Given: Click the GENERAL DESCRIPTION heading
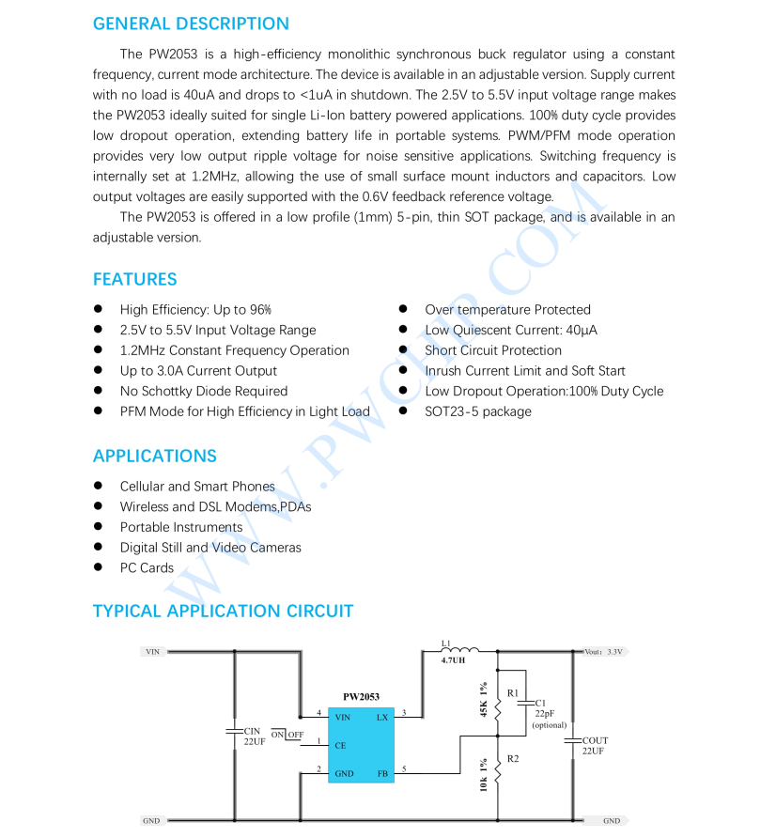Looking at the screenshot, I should click(x=191, y=23).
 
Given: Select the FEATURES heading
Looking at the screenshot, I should click(x=134, y=279).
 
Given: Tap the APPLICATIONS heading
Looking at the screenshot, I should click(x=154, y=456).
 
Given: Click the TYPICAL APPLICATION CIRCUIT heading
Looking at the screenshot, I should click(x=223, y=611).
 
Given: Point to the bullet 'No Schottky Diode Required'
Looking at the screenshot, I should click(x=203, y=391).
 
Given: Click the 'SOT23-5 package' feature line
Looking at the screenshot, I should click(x=477, y=411).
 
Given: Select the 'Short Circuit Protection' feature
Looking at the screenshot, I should click(x=492, y=350).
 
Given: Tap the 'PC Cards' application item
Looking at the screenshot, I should click(x=147, y=567).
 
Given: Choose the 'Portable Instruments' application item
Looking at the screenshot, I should click(x=180, y=527).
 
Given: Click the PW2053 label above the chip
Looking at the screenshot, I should click(x=361, y=697).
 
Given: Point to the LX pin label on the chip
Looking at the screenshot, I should click(x=382, y=717).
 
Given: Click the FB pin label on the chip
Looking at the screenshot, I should click(x=382, y=773).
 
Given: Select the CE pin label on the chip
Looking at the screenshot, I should click(x=340, y=745).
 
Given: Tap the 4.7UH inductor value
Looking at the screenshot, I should click(x=453, y=660).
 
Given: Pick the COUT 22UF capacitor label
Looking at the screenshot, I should click(x=595, y=746).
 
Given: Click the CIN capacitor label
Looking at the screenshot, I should click(x=252, y=731).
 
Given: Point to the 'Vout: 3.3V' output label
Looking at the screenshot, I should click(x=603, y=651).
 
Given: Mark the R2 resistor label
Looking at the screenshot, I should click(x=513, y=758).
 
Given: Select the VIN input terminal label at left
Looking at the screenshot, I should click(x=152, y=651).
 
